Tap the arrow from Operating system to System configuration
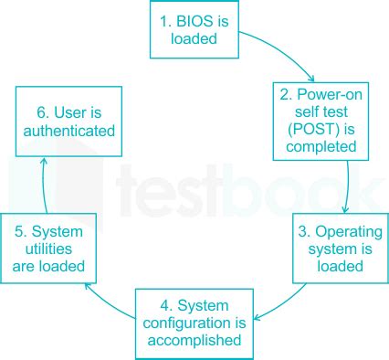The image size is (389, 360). point(273,306)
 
